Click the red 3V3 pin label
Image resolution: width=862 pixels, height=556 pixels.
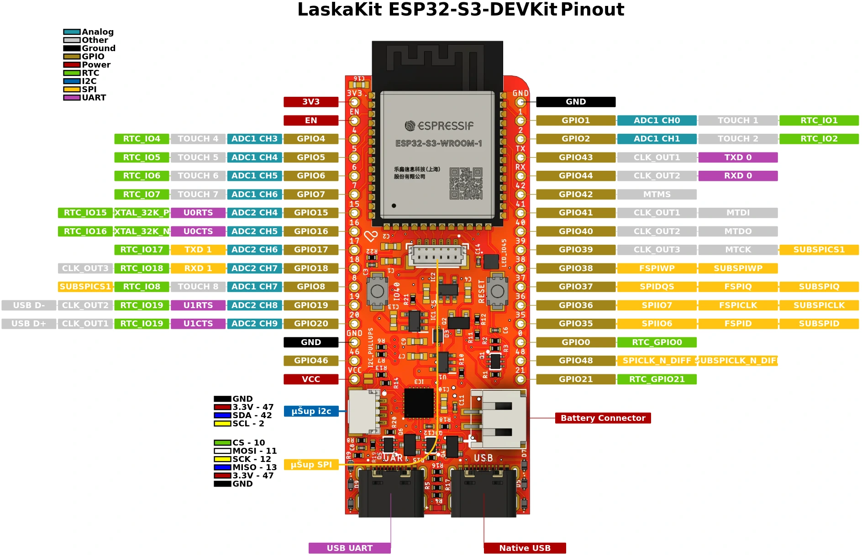click(x=311, y=102)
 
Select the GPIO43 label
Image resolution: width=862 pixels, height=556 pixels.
click(x=576, y=157)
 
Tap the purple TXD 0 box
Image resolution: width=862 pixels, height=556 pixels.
click(x=738, y=157)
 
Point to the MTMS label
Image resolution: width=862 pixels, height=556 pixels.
click(x=657, y=194)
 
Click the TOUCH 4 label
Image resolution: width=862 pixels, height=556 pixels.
click(x=198, y=139)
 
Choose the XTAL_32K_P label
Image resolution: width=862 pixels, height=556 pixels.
click(x=142, y=213)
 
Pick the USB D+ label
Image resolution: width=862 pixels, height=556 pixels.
click(x=29, y=324)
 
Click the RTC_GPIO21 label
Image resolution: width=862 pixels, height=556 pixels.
click(x=657, y=379)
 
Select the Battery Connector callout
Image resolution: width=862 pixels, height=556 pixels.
click(x=603, y=418)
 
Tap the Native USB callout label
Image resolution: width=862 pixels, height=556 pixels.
click(x=525, y=548)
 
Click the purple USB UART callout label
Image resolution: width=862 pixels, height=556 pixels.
click(x=350, y=548)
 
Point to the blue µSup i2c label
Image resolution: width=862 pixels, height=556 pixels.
click(x=311, y=411)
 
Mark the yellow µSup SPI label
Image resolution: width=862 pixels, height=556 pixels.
click(x=311, y=465)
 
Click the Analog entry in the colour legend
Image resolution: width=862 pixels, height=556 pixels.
click(x=89, y=32)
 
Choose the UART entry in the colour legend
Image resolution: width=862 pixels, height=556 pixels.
click(x=85, y=98)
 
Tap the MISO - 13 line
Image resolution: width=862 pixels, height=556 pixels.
click(x=246, y=467)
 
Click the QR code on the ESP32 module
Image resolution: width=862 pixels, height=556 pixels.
click(x=466, y=184)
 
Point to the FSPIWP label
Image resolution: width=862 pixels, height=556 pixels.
click(x=657, y=268)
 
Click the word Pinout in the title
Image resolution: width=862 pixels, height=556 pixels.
click(x=592, y=10)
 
